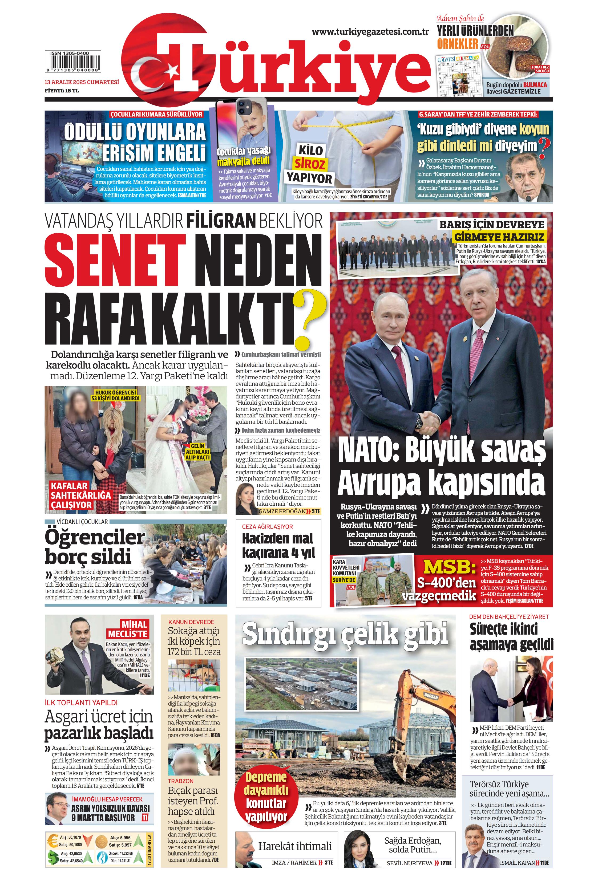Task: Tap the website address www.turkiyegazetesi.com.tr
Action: click(370, 32)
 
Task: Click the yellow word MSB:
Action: click(449, 567)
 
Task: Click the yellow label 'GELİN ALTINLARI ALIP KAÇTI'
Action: click(197, 452)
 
